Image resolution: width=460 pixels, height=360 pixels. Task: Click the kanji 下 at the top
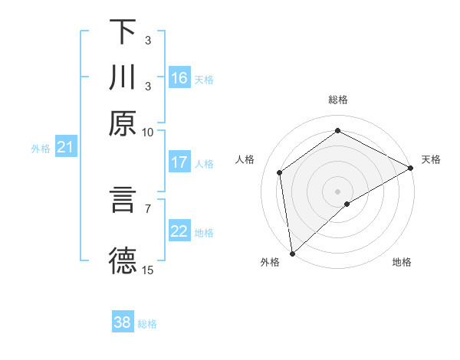pos(123,32)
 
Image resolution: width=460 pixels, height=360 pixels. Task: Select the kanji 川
pos(123,78)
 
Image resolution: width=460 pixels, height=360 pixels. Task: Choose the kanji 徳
pos(123,260)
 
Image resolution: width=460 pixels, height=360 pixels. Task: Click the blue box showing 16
pos(179,78)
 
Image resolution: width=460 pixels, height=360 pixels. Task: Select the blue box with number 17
pos(179,162)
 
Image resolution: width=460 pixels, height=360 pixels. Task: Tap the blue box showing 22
pos(179,231)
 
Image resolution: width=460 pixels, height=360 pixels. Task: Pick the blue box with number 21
pos(65,148)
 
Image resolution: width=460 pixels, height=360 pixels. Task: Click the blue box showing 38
pos(123,322)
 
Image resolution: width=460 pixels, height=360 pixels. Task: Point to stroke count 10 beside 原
pos(147,132)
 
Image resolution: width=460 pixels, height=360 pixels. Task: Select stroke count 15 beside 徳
pos(147,270)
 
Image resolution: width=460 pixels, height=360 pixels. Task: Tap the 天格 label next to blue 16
pos(204,80)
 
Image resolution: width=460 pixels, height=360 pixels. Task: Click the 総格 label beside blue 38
pos(147,324)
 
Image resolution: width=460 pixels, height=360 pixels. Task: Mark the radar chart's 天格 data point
pos(411,169)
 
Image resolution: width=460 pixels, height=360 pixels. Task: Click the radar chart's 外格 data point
pos(292,253)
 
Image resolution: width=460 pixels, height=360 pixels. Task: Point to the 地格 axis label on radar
pos(402,263)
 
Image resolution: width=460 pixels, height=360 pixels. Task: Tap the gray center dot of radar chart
pos(338,191)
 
